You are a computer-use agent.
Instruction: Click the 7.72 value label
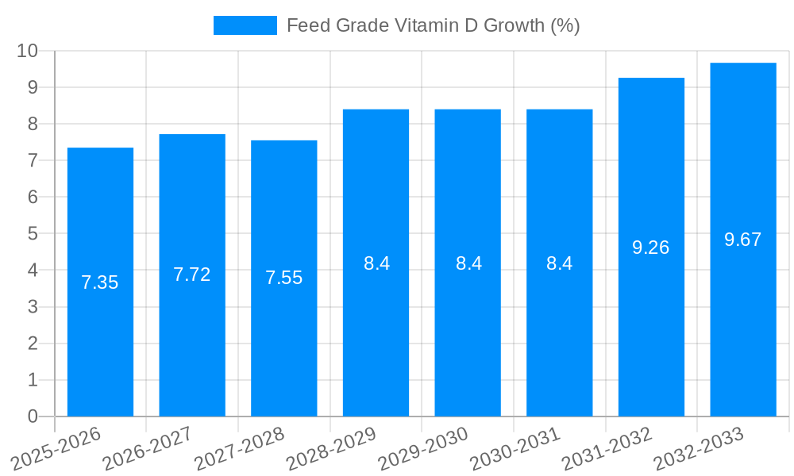pyautogui.click(x=192, y=274)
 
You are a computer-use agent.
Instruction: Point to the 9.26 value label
pyautogui.click(x=651, y=248)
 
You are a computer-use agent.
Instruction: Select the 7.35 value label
pyautogui.click(x=100, y=282)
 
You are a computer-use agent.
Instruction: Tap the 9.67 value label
pyautogui.click(x=743, y=240)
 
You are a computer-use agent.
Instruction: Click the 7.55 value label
pyautogui.click(x=284, y=278)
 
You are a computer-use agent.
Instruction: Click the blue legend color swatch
pyautogui.click(x=245, y=25)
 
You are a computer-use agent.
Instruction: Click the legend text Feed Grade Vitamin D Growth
pyautogui.click(x=433, y=25)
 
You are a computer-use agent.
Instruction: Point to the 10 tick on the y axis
pyautogui.click(x=28, y=51)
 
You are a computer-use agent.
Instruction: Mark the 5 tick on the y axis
pyautogui.click(x=33, y=234)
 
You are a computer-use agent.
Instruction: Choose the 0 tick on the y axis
pyautogui.click(x=33, y=416)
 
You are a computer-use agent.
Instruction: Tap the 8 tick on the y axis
pyautogui.click(x=33, y=124)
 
